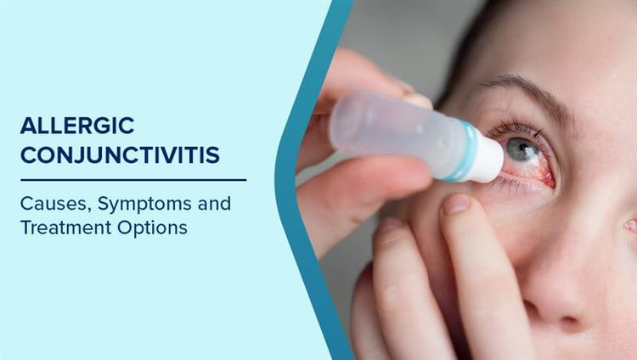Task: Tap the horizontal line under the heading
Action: click(133, 180)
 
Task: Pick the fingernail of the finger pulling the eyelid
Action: click(456, 205)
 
